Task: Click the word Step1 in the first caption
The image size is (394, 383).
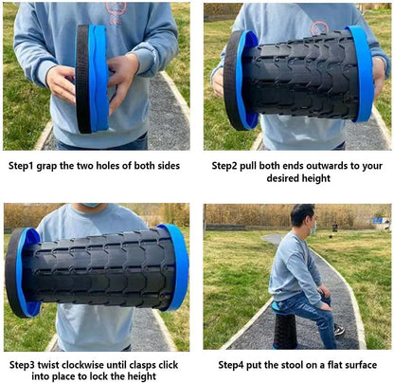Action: click(25, 165)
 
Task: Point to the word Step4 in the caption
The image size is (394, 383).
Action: click(235, 364)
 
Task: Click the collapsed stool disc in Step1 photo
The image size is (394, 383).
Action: click(92, 78)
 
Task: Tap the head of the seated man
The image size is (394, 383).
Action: click(302, 219)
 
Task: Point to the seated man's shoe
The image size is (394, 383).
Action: click(339, 330)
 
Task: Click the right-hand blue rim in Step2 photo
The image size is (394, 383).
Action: click(362, 74)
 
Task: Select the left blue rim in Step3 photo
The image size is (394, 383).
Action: click(28, 272)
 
